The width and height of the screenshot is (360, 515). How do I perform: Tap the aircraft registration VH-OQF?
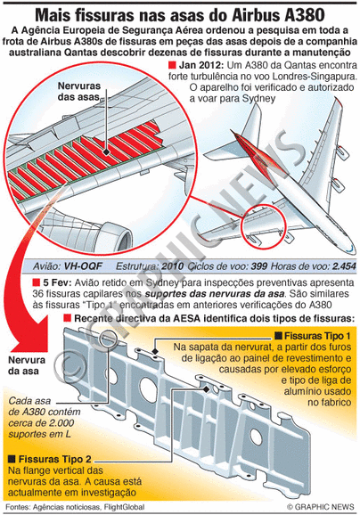click(83, 266)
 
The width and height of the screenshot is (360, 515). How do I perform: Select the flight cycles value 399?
click(259, 266)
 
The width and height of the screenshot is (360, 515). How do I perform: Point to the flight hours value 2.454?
click(344, 266)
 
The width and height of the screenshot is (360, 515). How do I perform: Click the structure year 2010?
click(173, 266)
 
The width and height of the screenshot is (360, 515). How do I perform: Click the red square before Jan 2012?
click(172, 64)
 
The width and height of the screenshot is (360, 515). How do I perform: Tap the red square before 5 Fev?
click(37, 282)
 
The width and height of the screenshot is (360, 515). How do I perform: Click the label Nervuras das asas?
click(79, 91)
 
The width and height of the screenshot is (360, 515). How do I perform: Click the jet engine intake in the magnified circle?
click(121, 236)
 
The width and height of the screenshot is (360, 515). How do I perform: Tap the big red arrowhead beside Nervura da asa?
click(30, 334)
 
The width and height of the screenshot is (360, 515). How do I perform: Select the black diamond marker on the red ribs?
click(106, 152)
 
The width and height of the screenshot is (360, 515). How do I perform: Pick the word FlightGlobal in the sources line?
click(124, 507)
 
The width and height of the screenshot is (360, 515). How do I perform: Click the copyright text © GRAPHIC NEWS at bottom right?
click(320, 507)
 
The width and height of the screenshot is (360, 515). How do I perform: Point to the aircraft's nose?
click(352, 249)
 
